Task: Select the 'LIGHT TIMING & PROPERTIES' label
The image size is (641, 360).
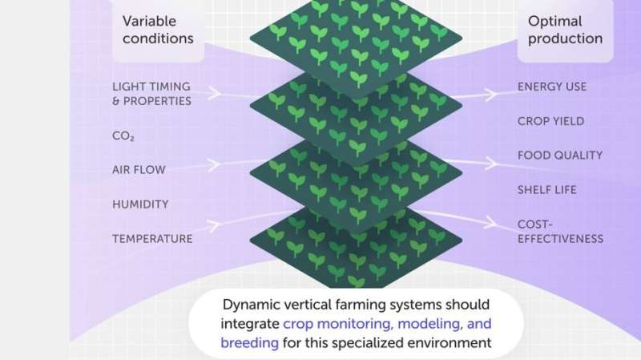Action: coord(151,94)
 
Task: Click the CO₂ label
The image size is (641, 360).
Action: coord(123,136)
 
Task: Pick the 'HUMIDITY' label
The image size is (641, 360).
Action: coord(139,204)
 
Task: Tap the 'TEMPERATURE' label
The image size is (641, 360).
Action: coord(152,238)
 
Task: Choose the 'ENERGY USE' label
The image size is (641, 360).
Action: coord(552,87)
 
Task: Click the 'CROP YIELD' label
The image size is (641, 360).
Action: coord(550,121)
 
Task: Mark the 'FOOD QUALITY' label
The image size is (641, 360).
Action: coord(559,156)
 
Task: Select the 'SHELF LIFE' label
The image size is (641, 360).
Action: coord(546,190)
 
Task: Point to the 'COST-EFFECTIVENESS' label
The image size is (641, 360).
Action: coord(560,231)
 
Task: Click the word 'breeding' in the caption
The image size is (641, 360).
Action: coord(249,342)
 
